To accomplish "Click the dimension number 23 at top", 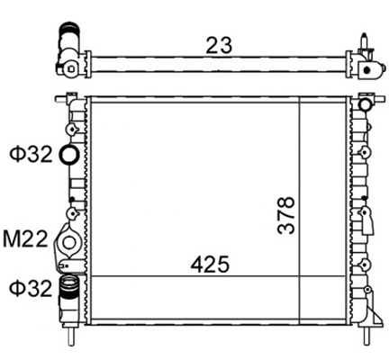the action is (x=219, y=45).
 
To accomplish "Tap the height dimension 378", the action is (x=285, y=215).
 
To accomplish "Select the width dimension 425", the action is (x=210, y=265).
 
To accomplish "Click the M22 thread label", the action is (x=25, y=238).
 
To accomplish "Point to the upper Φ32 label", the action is (x=31, y=154).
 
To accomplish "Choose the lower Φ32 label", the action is (x=31, y=289).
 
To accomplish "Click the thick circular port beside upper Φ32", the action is (x=69, y=154).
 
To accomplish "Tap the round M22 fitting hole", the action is (x=69, y=242).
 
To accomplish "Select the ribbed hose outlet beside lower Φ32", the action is (x=68, y=289).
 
